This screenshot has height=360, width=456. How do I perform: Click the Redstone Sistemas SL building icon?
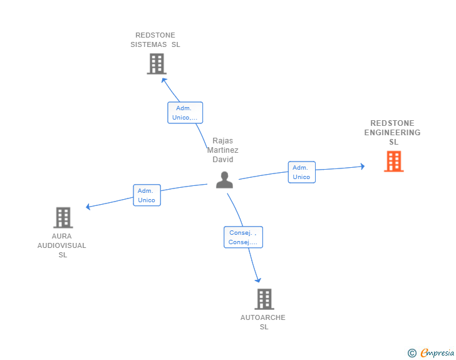157,63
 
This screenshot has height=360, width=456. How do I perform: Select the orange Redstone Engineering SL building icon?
393,161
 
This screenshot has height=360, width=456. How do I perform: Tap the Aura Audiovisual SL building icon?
63,217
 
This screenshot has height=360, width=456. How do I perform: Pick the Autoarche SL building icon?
264,299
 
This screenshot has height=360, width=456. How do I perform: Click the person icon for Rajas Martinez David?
224,180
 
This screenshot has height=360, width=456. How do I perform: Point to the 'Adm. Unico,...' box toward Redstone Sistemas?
185,113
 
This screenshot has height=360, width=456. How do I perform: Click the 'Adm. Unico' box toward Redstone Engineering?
301,172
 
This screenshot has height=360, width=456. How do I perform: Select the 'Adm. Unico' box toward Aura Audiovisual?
147,195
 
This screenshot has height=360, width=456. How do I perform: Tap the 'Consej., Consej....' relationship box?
243,237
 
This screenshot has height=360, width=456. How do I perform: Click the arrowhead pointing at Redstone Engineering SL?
361,167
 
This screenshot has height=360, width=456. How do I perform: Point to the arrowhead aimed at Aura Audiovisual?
89,207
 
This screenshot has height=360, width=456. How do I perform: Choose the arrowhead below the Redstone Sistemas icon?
164,80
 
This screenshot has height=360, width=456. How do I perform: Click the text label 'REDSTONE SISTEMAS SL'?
155,40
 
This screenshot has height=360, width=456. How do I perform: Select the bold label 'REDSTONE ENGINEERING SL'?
393,133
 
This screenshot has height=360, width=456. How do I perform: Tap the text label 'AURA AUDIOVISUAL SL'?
62,245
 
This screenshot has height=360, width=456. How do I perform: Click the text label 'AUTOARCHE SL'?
263,322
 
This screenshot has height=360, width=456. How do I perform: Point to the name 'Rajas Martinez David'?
223,150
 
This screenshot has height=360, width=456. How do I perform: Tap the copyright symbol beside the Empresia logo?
412,353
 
